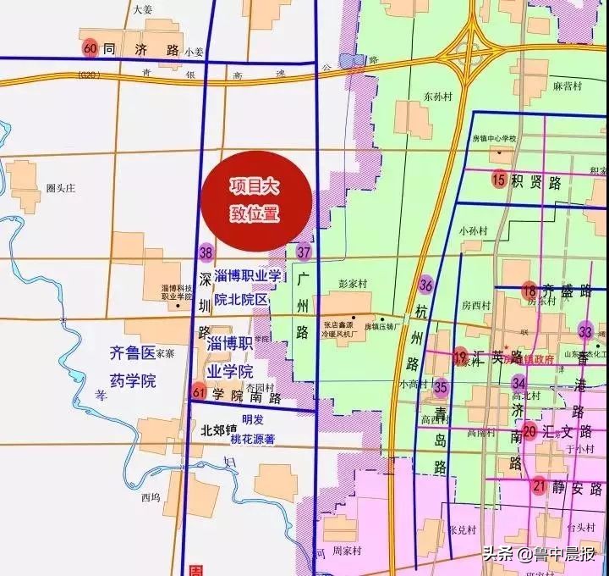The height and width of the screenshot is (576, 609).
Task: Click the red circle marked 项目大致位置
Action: [x=257, y=200]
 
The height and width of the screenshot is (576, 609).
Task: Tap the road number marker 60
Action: [x=91, y=48]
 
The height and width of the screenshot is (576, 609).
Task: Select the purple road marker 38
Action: [x=206, y=252]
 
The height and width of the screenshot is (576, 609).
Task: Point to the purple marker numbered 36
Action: [x=426, y=285]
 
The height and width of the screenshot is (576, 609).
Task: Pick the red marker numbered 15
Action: [x=498, y=180]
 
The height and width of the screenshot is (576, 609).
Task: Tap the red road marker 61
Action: [x=200, y=391]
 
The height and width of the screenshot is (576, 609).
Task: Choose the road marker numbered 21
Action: [x=539, y=486]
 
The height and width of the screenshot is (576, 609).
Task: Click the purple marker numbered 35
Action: [x=441, y=387]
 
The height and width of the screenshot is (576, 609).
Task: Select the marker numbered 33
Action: [x=585, y=330]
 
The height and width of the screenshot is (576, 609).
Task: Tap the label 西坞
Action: [x=151, y=497]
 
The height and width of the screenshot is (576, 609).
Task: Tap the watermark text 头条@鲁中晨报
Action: [x=540, y=555]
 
